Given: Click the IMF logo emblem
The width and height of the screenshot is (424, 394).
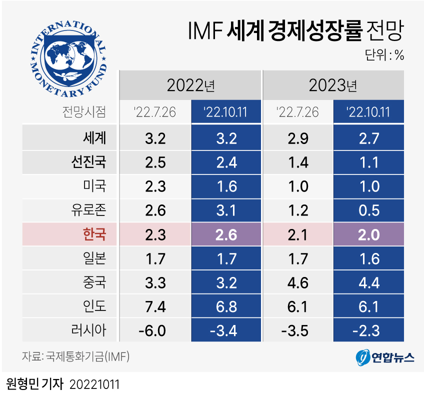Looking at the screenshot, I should (x=69, y=59).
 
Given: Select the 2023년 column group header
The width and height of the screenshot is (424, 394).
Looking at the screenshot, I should (x=333, y=85).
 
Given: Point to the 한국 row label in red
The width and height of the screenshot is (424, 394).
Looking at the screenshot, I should (x=94, y=234).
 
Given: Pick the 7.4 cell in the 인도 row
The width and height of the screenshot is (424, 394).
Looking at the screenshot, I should (x=155, y=306).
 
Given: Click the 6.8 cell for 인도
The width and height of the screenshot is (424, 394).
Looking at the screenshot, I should (x=226, y=306).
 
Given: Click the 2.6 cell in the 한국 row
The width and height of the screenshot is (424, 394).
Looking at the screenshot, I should (x=226, y=234).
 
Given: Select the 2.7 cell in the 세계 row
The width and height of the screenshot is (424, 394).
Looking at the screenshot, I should (x=368, y=137).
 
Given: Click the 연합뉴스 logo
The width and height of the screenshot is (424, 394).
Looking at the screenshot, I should (x=385, y=357).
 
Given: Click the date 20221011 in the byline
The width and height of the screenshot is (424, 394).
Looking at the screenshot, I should (x=94, y=383).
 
